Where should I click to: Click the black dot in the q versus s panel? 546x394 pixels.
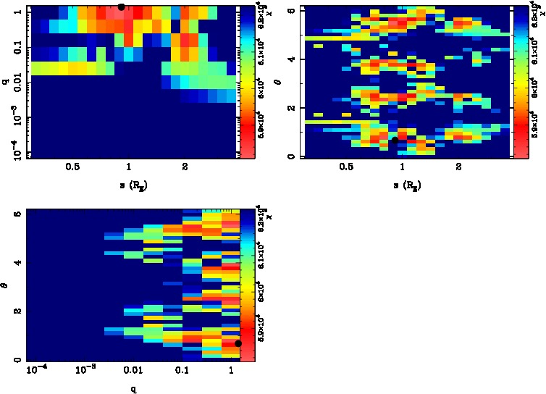click(121, 7)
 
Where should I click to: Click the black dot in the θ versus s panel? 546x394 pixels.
click(395, 140)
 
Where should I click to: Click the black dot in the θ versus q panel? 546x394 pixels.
click(238, 343)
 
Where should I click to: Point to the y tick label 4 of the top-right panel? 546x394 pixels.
click(291, 59)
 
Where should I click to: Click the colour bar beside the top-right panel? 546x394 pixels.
click(520, 82)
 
